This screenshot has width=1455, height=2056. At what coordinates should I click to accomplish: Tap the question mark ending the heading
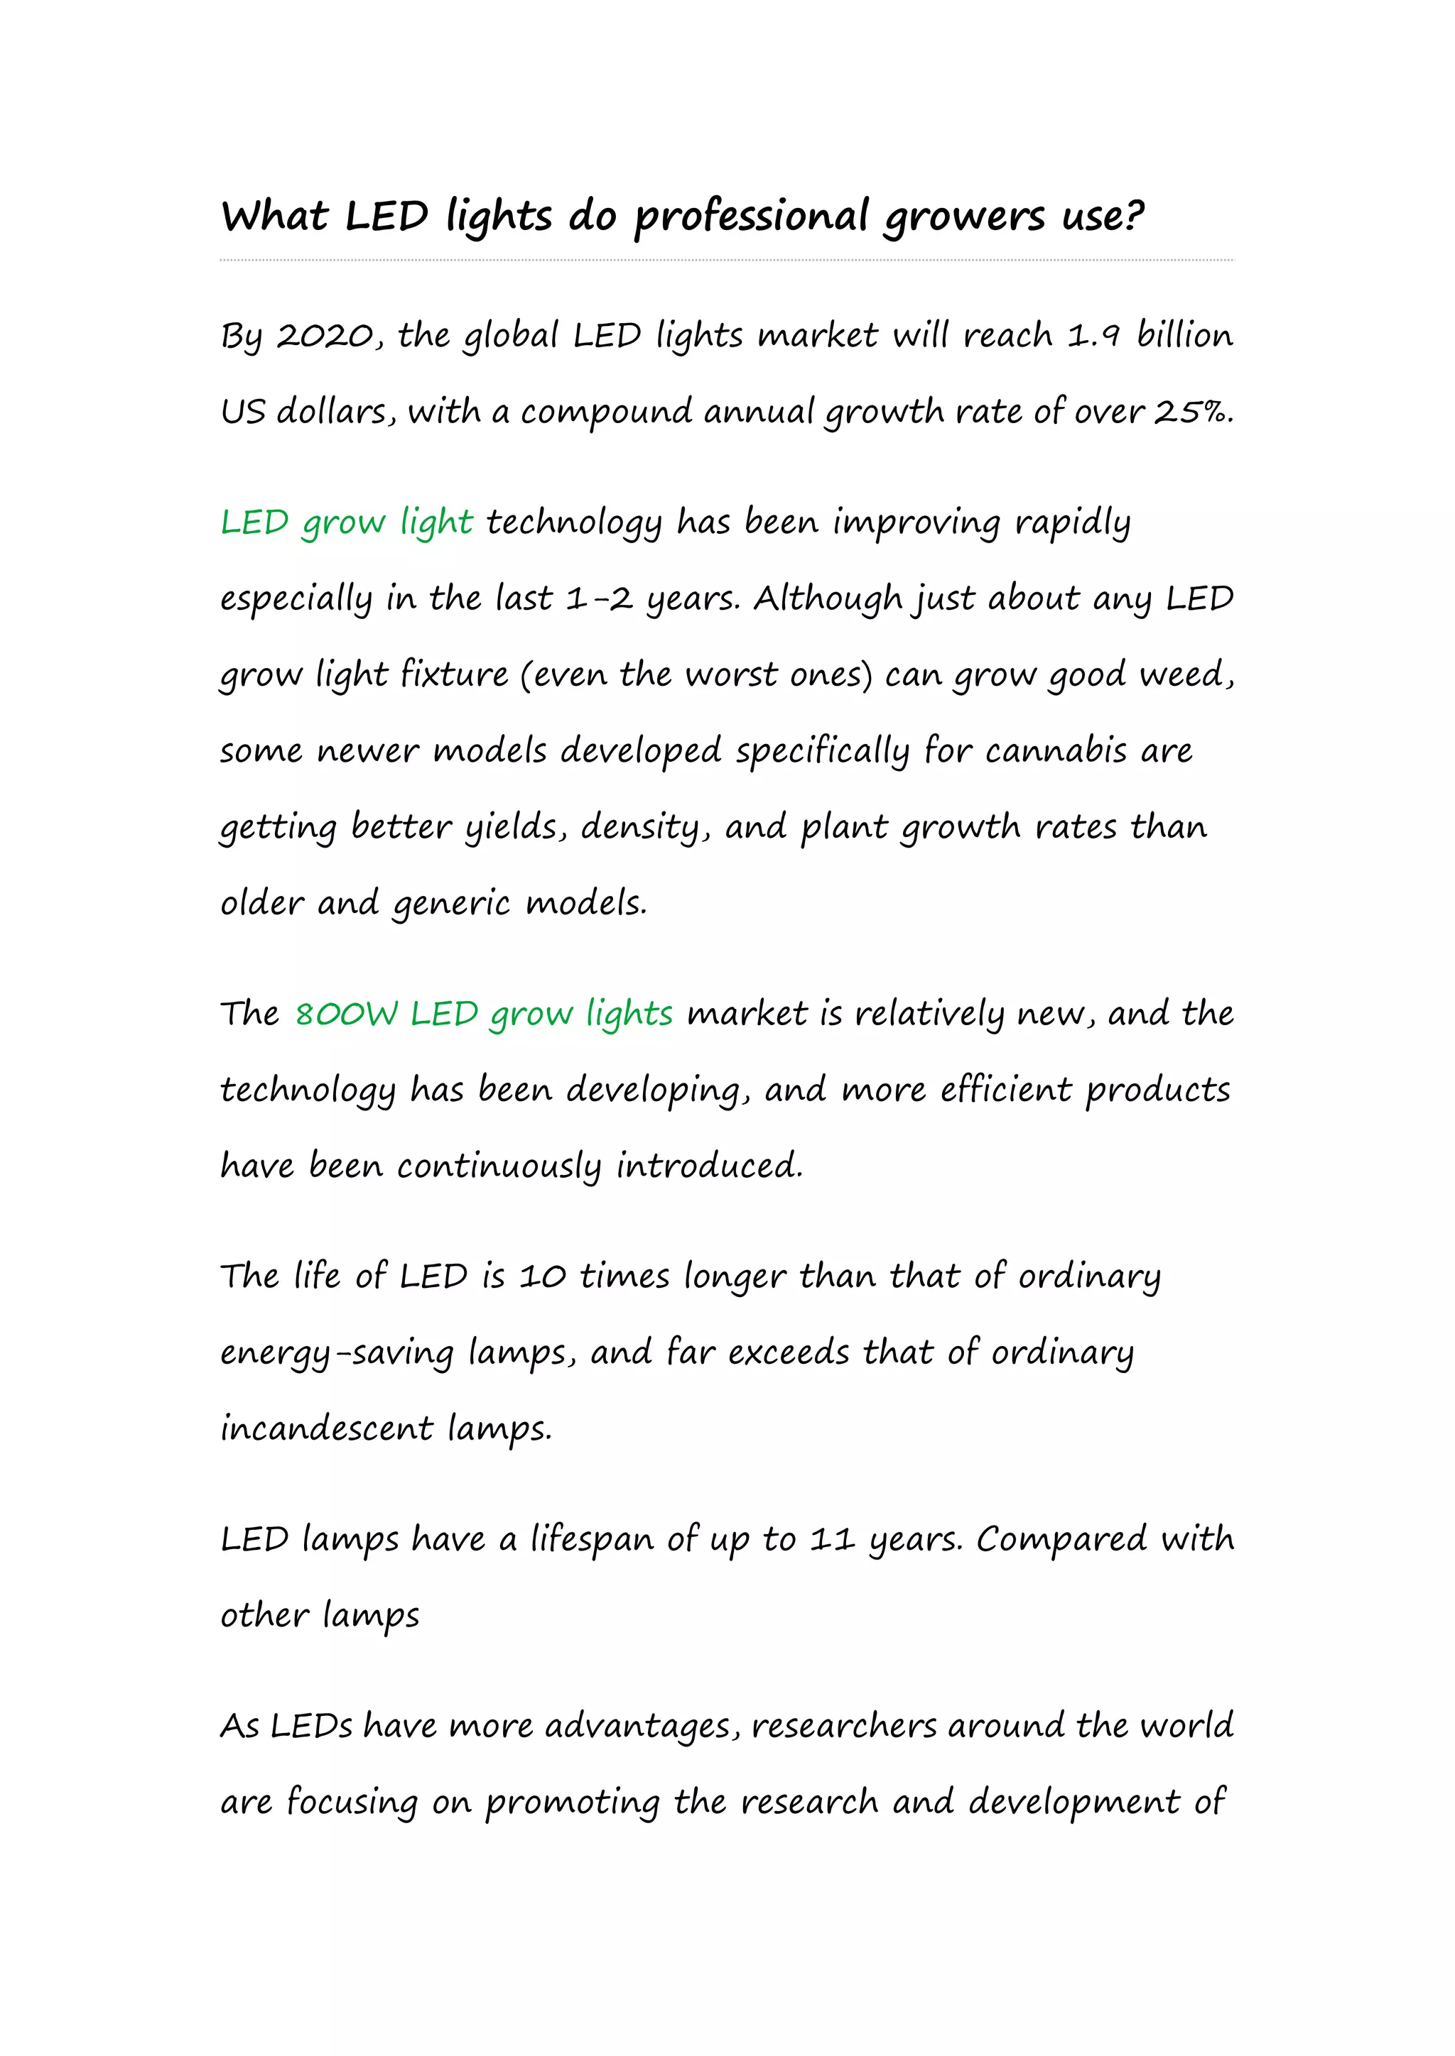click(1132, 216)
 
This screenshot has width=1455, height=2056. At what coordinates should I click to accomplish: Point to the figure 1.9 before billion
click(1093, 337)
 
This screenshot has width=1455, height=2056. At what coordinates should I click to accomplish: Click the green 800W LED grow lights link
click(484, 1015)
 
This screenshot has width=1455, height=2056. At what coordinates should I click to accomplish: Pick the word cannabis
click(1056, 750)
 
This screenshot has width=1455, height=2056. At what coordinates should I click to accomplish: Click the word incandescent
click(327, 1428)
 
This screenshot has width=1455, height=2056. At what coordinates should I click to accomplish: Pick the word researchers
click(843, 1727)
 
